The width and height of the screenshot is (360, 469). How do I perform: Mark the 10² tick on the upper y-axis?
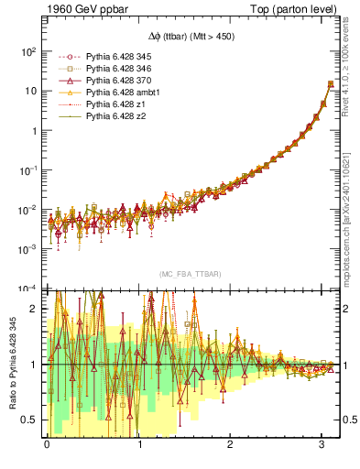(x=28, y=52)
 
